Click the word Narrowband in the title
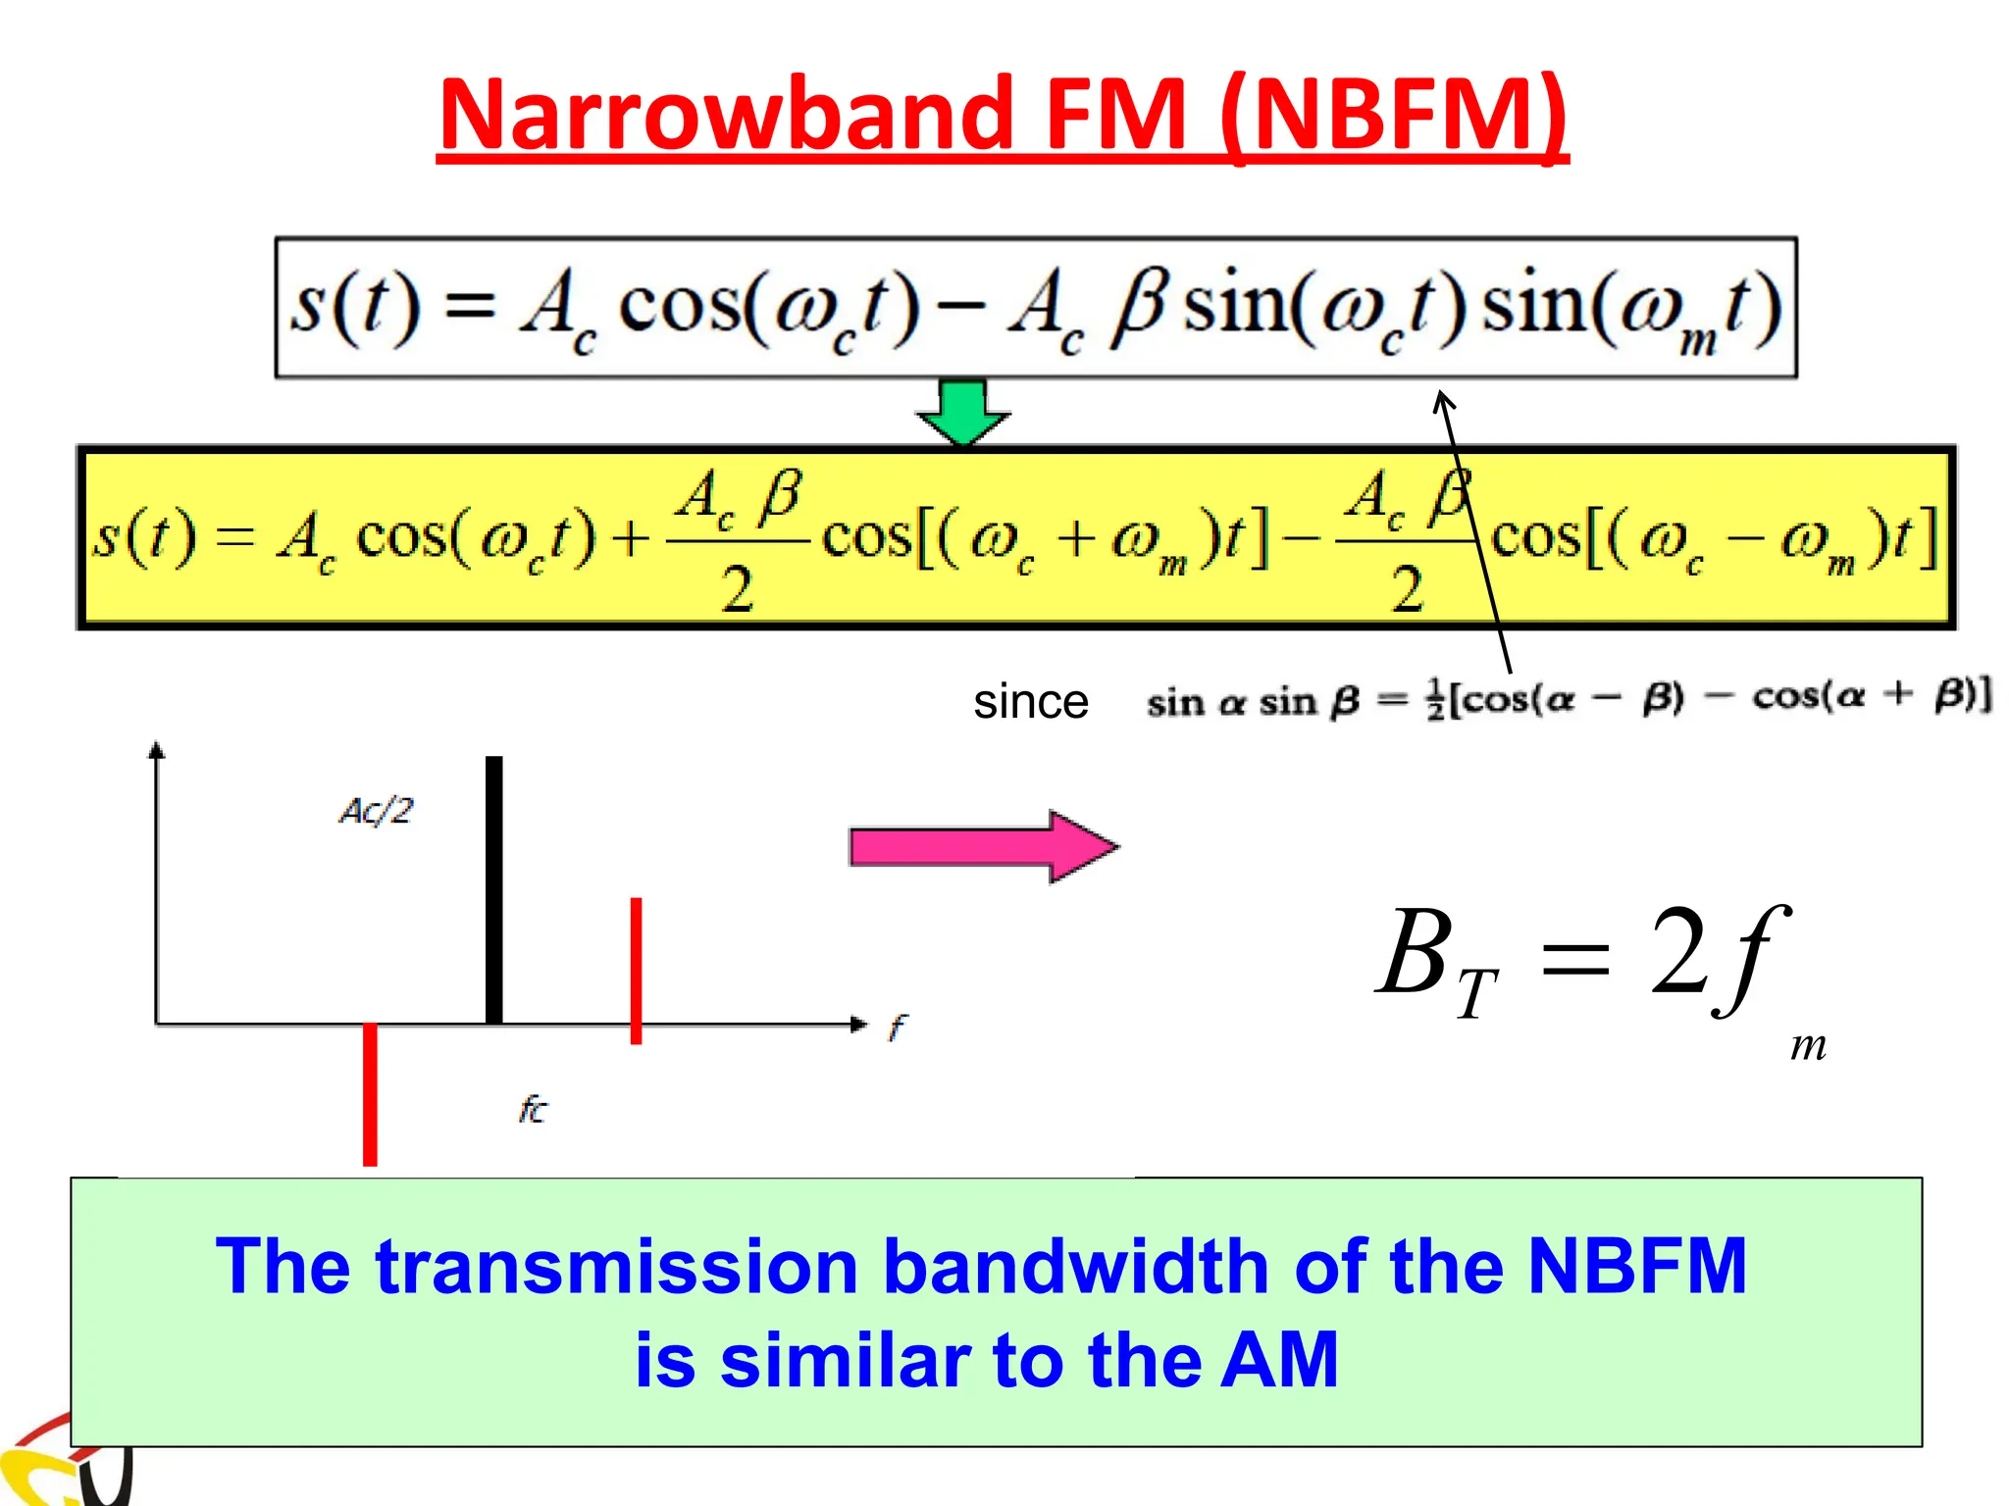[x=726, y=115]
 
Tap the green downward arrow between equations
[x=963, y=412]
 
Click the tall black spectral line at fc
[x=494, y=889]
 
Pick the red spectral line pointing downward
[x=370, y=1093]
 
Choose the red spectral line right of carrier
[x=636, y=971]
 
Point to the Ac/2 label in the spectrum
[x=377, y=811]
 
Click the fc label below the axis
[x=533, y=1109]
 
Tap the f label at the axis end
[x=898, y=1027]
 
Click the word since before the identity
[x=1031, y=702]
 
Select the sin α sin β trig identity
[x=1570, y=699]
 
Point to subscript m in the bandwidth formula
[x=1807, y=1046]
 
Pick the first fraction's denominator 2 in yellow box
[x=738, y=589]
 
